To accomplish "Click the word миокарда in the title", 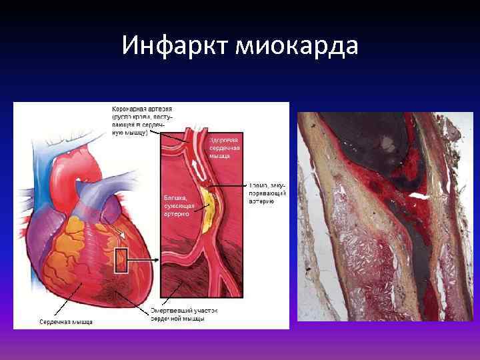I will click(294, 45).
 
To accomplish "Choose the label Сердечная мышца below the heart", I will click(63, 322).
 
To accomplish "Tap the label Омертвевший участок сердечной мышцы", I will click(184, 315).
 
